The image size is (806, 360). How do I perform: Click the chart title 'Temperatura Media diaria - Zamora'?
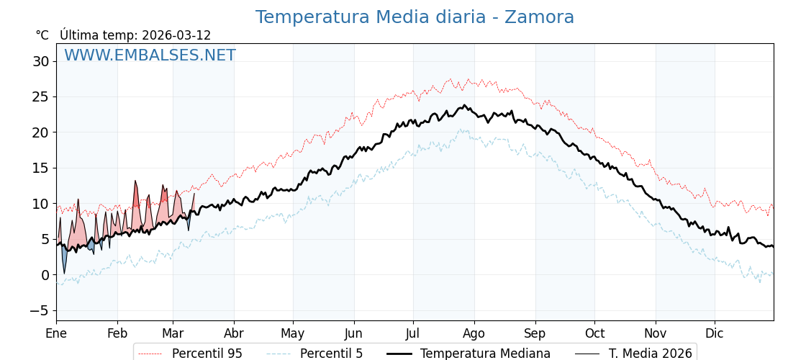tap(415, 17)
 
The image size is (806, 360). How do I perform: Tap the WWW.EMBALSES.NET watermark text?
tap(150, 55)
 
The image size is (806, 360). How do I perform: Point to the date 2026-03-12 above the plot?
tap(176, 35)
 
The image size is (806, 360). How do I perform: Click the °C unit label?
tap(42, 35)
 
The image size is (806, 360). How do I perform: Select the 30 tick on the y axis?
tap(40, 62)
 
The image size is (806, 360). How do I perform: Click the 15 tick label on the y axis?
tap(40, 168)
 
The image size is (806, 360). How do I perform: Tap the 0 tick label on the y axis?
tap(45, 275)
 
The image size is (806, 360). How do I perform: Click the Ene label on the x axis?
tap(56, 333)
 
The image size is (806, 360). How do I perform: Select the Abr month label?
tap(234, 333)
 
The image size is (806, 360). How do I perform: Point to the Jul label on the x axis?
tap(413, 333)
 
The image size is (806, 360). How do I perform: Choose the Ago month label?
tap(474, 333)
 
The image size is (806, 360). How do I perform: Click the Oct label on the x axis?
tap(594, 333)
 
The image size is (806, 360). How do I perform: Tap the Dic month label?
tap(715, 333)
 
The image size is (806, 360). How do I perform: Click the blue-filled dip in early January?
tap(64, 259)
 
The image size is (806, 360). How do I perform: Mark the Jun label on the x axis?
tap(354, 333)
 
